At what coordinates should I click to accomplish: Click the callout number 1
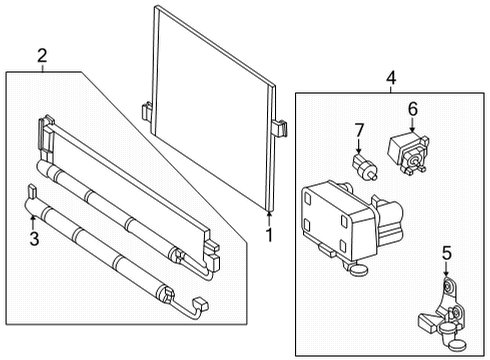[x=269, y=235]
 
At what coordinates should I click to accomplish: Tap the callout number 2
[x=42, y=56]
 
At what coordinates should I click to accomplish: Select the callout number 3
[x=34, y=239]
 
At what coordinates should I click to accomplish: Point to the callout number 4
[x=391, y=78]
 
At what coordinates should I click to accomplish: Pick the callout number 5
[x=447, y=253]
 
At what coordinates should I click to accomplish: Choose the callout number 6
[x=413, y=109]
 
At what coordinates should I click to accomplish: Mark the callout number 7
[x=359, y=130]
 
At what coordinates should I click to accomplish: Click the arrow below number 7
[x=359, y=146]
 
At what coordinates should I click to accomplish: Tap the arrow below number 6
[x=413, y=125]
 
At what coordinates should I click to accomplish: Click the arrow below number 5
[x=447, y=269]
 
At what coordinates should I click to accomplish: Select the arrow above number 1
[x=269, y=219]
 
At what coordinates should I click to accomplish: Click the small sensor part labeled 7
[x=365, y=167]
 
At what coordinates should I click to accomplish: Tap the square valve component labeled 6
[x=408, y=151]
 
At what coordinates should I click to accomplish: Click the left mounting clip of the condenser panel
[x=147, y=111]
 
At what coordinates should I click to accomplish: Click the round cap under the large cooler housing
[x=360, y=269]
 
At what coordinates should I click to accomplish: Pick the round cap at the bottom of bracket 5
[x=458, y=345]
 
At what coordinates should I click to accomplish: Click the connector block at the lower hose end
[x=201, y=304]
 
